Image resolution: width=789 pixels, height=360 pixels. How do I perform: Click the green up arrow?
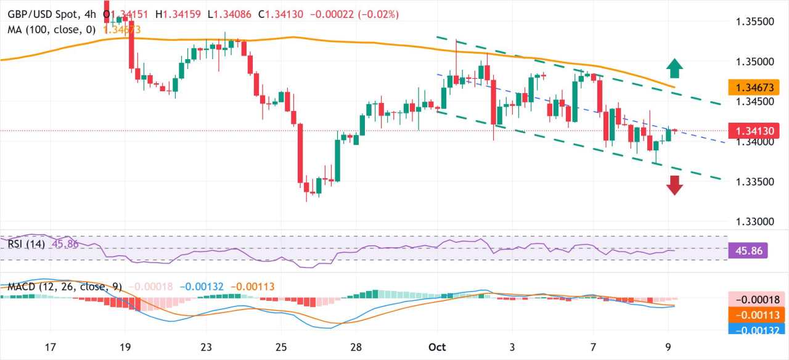coord(675,68)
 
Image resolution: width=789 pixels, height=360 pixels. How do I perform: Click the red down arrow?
coord(675,185)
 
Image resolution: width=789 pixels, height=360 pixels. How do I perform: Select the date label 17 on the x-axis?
coord(51,346)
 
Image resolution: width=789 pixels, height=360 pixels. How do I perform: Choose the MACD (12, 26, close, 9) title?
coord(65,287)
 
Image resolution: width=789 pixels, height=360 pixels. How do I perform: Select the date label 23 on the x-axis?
coord(207,346)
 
